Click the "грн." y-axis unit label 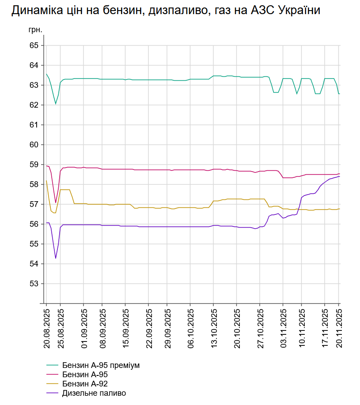(x=35, y=30)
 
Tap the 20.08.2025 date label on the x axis (x=46, y=329)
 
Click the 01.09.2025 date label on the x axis (x=83, y=329)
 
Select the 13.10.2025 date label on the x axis (x=213, y=329)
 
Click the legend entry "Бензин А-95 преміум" (x=101, y=365)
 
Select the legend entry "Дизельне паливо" (x=94, y=392)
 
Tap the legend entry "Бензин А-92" (x=85, y=383)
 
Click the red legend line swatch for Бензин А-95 (x=53, y=375)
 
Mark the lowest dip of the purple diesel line (x=56, y=258)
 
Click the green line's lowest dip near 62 (x=56, y=104)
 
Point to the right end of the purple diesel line (x=339, y=176)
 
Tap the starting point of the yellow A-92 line (x=46, y=181)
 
